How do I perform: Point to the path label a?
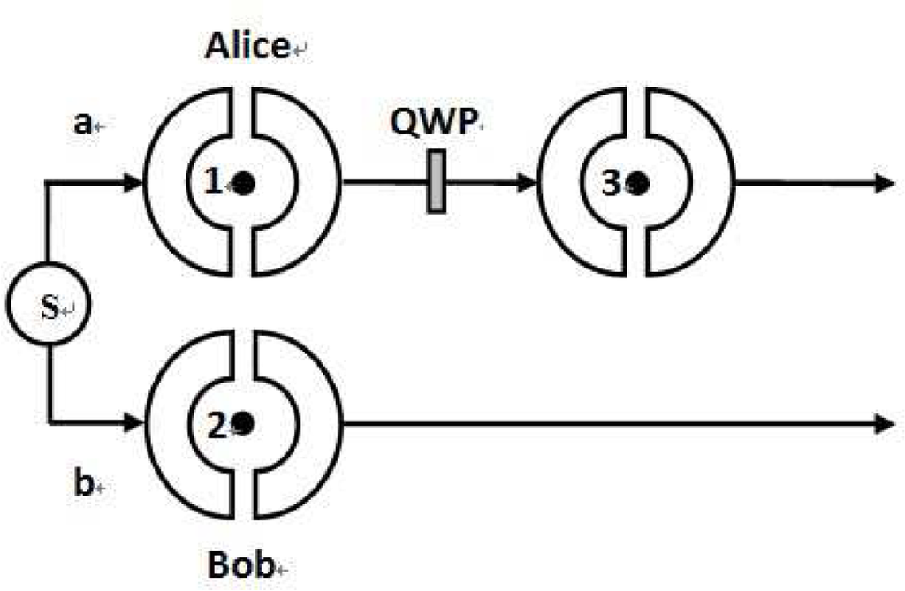(x=82, y=124)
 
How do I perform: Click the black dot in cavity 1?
(x=245, y=183)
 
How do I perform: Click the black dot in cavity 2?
(x=245, y=424)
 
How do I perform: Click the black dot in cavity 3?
(x=639, y=183)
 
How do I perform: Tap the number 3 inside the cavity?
(x=611, y=183)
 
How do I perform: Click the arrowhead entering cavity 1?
(x=133, y=183)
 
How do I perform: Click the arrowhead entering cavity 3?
(x=528, y=183)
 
